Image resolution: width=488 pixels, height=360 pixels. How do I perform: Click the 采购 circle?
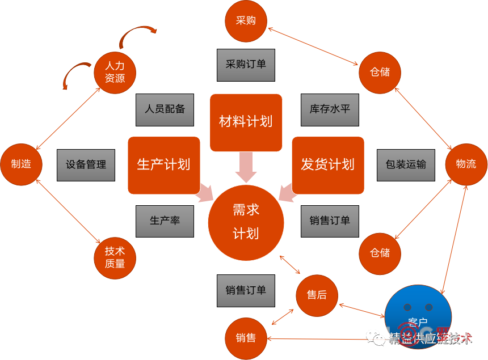(x=246, y=21)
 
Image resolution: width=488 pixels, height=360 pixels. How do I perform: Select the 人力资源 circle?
(x=115, y=72)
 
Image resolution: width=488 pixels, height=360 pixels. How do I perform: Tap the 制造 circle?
(x=22, y=164)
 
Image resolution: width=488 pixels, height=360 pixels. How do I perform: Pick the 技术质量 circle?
(x=115, y=257)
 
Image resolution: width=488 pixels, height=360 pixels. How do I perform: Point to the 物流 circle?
(x=466, y=164)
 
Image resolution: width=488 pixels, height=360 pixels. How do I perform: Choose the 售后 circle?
(x=317, y=295)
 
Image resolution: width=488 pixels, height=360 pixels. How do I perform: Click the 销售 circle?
(x=246, y=338)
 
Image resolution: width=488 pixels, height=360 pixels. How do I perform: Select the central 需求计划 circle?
(x=246, y=222)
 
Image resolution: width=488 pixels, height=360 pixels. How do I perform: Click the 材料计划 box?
(x=246, y=122)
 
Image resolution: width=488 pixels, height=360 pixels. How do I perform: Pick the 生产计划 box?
(x=164, y=165)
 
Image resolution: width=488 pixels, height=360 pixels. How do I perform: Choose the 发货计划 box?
(x=327, y=165)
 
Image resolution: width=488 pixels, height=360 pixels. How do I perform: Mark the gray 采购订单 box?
(x=246, y=64)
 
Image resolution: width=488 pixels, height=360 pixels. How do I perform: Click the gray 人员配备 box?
(x=165, y=109)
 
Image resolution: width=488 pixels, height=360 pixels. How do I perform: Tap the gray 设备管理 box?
(x=86, y=165)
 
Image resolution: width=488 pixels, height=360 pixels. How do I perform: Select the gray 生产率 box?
(x=165, y=221)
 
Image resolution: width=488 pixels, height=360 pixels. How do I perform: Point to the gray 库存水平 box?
(x=330, y=109)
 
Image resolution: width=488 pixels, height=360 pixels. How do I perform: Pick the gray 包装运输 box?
(x=406, y=165)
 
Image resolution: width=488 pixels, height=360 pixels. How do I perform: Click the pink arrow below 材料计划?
(x=246, y=166)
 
